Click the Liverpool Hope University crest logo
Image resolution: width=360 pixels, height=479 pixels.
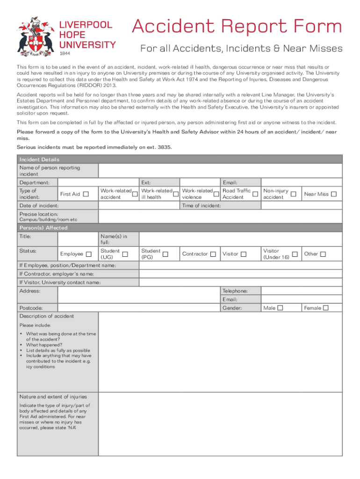pos(35,36)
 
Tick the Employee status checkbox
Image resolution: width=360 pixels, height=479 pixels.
pos(89,254)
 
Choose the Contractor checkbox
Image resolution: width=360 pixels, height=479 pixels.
pos(213,254)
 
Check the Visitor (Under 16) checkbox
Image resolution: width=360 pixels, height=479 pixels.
pos(295,254)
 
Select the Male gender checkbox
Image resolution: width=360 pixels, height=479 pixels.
pos(280,308)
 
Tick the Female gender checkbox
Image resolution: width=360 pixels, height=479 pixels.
pos(326,308)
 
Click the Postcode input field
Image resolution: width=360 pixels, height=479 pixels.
pos(139,308)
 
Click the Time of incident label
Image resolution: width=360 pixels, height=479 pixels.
pos(202,206)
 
